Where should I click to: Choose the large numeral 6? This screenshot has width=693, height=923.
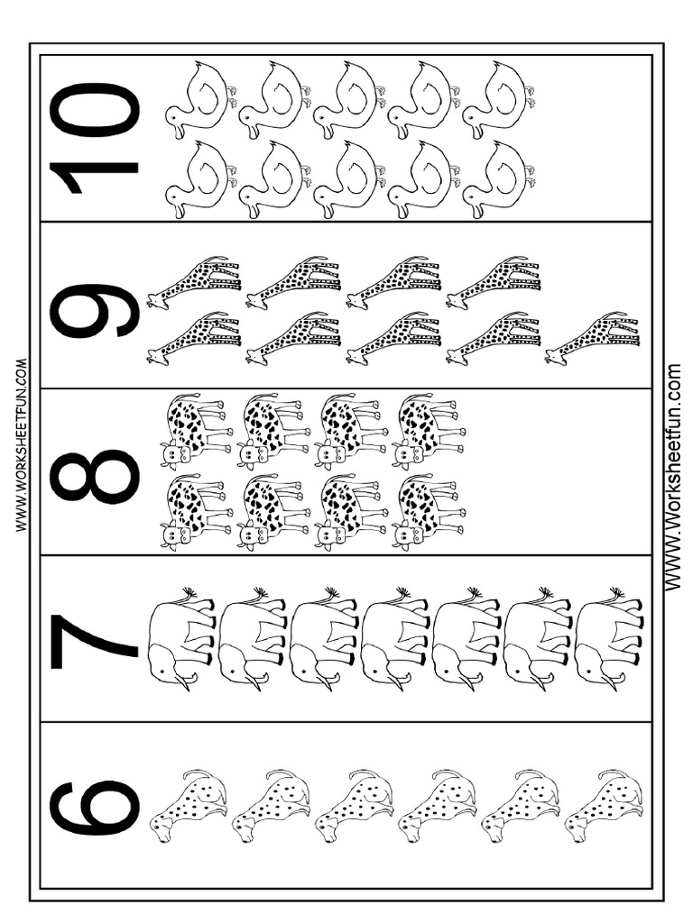(94, 808)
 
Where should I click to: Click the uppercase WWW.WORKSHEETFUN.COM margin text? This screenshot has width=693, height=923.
(21, 446)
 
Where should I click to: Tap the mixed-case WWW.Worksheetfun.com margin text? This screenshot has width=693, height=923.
(673, 478)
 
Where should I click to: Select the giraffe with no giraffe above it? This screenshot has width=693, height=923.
(594, 340)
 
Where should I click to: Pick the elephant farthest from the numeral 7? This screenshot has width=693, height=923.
(608, 639)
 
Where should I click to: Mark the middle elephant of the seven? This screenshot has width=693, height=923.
(394, 639)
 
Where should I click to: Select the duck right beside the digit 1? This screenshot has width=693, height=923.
(199, 180)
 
